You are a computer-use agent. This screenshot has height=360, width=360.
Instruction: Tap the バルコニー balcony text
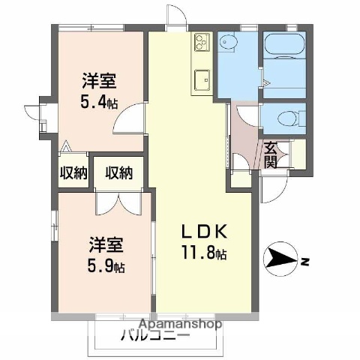pos(154,336)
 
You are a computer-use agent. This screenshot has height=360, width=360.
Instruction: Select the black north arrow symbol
pos(281,260)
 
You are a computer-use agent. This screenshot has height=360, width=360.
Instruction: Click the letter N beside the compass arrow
pos(304,261)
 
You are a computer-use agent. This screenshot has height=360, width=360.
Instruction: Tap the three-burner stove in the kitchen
pos(201,51)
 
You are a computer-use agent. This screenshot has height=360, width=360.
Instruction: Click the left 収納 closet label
pos(73,172)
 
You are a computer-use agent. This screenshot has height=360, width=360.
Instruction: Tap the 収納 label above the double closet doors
pos(118,172)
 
